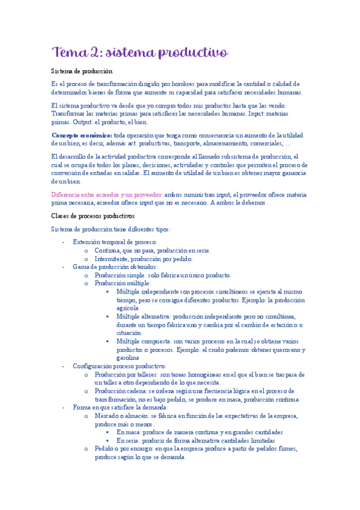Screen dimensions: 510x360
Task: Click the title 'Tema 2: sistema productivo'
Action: pos(139,53)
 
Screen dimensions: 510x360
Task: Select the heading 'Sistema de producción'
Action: pos(82,71)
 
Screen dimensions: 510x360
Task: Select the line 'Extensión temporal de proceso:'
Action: pos(115,241)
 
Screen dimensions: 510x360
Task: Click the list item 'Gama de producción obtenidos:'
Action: pos(115,266)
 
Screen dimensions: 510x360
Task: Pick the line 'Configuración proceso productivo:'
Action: pos(120,366)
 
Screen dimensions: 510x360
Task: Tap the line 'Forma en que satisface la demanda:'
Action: pos(121,407)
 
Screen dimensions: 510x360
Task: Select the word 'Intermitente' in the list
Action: pos(113,258)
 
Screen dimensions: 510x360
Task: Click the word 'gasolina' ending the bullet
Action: pos(128,357)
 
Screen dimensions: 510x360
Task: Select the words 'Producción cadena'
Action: pos(121,391)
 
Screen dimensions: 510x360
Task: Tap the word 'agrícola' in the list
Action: pos(127,307)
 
